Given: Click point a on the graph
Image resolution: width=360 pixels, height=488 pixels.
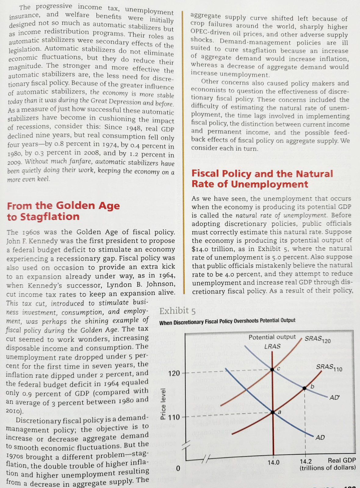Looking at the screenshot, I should click(x=273, y=412).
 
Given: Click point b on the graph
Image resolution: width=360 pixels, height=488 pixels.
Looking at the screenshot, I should click(x=304, y=388).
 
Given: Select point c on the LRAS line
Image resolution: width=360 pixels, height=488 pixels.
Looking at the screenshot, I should click(x=273, y=370).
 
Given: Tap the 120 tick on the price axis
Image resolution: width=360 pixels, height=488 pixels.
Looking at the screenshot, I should click(x=174, y=373).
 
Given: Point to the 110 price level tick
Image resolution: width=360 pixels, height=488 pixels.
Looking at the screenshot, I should click(x=174, y=417).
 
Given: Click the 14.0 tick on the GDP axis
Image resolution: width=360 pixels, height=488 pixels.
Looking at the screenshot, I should click(x=273, y=462).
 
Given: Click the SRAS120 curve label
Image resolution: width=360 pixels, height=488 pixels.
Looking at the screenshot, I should click(x=318, y=339).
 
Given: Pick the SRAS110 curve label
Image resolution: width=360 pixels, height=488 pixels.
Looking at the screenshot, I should click(x=329, y=368).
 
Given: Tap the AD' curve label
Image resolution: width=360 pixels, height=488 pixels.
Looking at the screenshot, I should click(x=334, y=398).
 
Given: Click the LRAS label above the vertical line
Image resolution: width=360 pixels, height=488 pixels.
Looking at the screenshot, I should click(x=272, y=346).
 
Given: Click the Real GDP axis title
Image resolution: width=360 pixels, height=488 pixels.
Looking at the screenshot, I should click(x=342, y=460).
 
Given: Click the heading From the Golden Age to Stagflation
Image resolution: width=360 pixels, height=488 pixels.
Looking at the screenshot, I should click(x=63, y=211).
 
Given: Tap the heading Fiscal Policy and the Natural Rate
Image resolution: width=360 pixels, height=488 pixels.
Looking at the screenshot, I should click(x=262, y=179).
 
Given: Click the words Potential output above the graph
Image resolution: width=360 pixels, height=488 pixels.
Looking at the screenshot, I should click(x=272, y=337).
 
